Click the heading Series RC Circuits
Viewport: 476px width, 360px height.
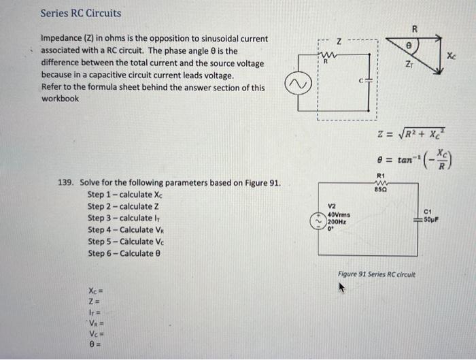coord(80,13)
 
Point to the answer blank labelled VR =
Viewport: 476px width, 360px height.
coord(95,325)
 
